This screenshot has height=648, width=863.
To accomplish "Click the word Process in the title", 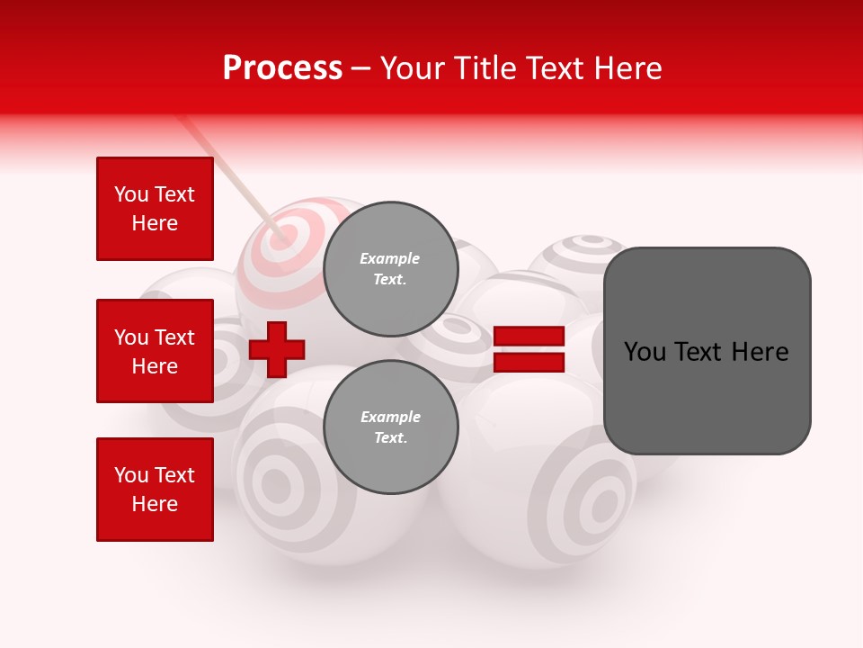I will pyautogui.click(x=282, y=68).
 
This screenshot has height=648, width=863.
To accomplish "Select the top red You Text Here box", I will pyautogui.click(x=155, y=209).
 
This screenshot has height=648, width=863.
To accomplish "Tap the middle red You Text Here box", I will pyautogui.click(x=155, y=351).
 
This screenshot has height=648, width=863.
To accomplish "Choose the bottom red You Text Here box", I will pyautogui.click(x=155, y=490).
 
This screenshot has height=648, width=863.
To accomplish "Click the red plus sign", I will pyautogui.click(x=277, y=349).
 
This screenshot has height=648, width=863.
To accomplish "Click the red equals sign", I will pyautogui.click(x=529, y=349).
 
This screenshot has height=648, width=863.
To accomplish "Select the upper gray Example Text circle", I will pyautogui.click(x=390, y=269).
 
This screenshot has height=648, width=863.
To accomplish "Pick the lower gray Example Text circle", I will pyautogui.click(x=390, y=427).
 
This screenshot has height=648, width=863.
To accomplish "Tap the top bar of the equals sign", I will pyautogui.click(x=529, y=337).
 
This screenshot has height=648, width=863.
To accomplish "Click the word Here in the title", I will pyautogui.click(x=629, y=68).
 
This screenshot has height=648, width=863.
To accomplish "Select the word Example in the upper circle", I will pyautogui.click(x=390, y=258).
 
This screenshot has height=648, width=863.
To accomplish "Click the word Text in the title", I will pyautogui.click(x=557, y=68).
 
